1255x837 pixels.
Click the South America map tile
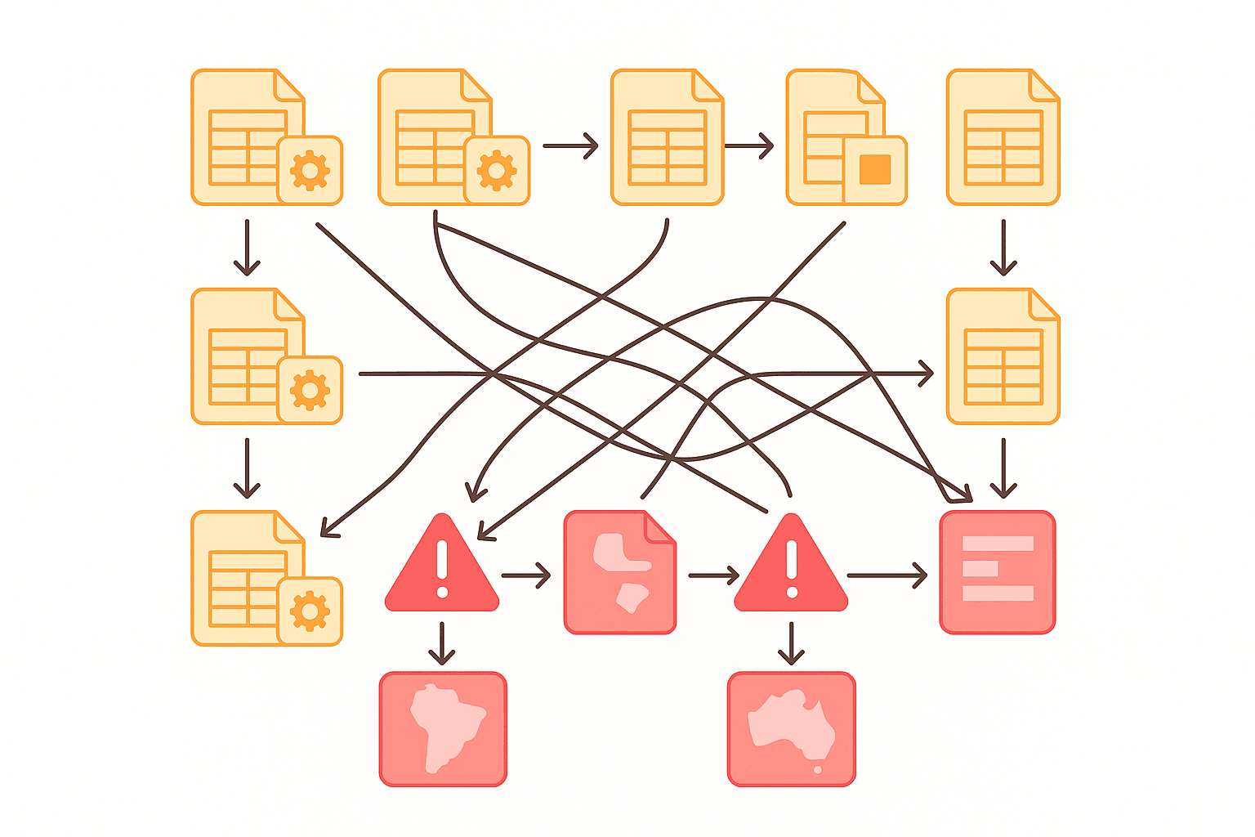coord(443,729)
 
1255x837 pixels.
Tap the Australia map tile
coord(791,729)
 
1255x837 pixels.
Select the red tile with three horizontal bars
coord(998,572)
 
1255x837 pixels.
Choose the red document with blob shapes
coord(619,572)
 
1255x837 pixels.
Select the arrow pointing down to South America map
coord(442,643)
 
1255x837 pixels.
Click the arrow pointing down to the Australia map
coord(791,643)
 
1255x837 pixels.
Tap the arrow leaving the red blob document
coord(713,575)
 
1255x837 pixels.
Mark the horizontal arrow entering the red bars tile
coord(887,575)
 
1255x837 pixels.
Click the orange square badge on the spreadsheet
coord(874,169)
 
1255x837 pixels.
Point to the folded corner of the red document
coord(661,526)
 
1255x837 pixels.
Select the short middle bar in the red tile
coord(980,568)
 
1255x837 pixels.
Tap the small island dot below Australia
coord(818,769)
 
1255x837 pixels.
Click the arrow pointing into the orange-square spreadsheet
coord(748,146)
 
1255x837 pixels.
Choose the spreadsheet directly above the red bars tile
coord(1003,356)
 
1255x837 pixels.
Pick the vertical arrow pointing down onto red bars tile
coord(1003,468)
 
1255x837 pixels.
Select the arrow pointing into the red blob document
coord(526,575)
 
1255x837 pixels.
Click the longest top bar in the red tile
coord(998,544)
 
